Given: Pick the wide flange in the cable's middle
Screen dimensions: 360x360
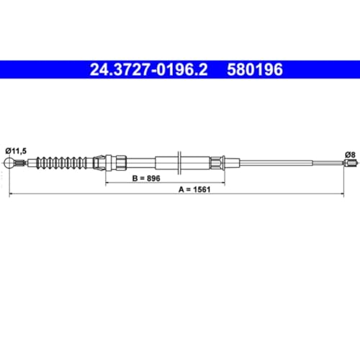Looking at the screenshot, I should [177, 163].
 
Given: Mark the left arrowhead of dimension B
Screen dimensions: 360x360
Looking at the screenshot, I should [109, 184].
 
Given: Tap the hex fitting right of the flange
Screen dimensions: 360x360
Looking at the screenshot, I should [216, 163].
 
